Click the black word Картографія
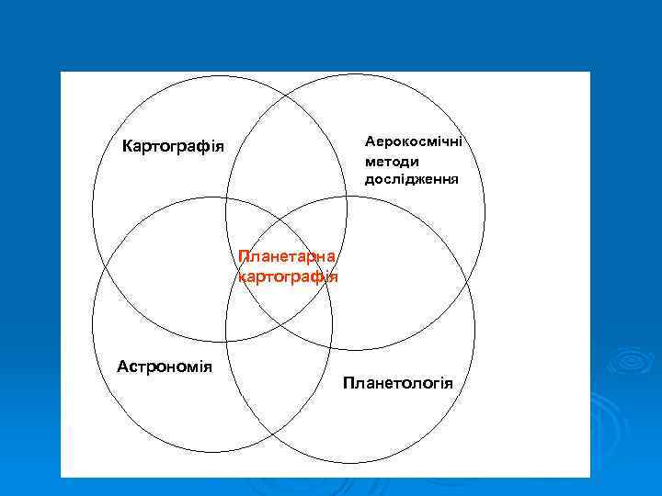click(173, 146)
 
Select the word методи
click(392, 161)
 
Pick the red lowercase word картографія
click(287, 275)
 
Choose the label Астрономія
click(165, 366)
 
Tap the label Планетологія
click(398, 381)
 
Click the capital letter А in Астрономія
click(122, 366)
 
